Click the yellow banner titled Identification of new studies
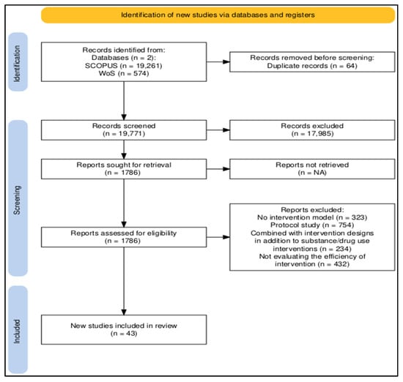point(218,15)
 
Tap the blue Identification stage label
point(18,62)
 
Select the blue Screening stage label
point(18,198)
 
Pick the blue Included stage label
point(18,330)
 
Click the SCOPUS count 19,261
point(149,66)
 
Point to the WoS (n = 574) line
point(124,73)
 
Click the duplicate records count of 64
point(351,66)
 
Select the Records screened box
point(124,130)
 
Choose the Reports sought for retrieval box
point(124,169)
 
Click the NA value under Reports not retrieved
point(319,173)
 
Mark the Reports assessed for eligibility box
point(124,237)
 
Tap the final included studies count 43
point(131,334)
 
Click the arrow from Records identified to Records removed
point(218,62)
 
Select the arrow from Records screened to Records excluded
point(218,130)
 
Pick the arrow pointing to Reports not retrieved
point(218,169)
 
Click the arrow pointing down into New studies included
point(124,281)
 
